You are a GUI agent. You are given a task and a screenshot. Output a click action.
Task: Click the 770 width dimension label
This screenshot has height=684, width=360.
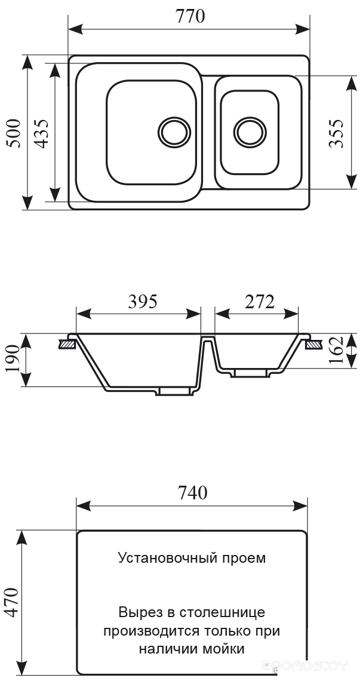190,16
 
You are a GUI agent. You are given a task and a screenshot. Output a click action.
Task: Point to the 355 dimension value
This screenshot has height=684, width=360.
337,133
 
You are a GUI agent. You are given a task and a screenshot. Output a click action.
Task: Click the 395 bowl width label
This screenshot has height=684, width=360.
143,302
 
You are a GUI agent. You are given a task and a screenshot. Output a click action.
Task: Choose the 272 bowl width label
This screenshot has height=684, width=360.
259,302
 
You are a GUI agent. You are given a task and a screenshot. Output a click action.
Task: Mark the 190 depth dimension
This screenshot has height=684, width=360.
14,359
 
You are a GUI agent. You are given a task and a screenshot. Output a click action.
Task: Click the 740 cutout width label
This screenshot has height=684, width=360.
192,492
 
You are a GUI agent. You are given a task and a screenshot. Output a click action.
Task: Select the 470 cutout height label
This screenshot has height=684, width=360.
12,602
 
